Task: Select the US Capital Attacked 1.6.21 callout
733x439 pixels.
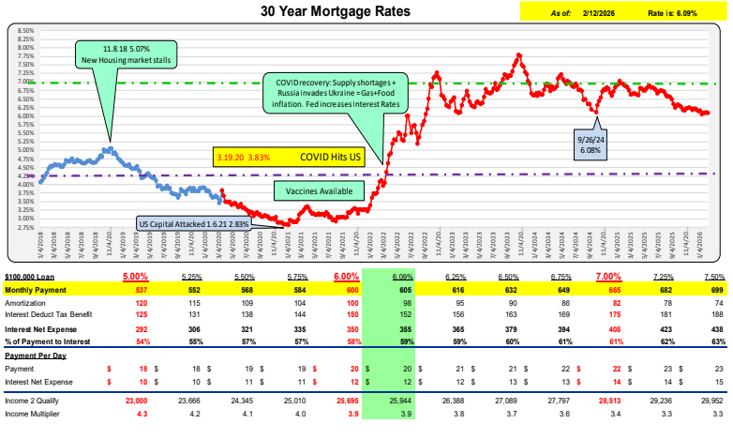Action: click(x=196, y=224)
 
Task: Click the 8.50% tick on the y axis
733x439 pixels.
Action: click(x=25, y=30)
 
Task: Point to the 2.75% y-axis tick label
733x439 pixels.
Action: click(x=25, y=227)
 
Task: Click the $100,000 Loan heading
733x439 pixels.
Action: click(x=36, y=278)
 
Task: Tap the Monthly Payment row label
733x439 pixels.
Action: click(x=36, y=292)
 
